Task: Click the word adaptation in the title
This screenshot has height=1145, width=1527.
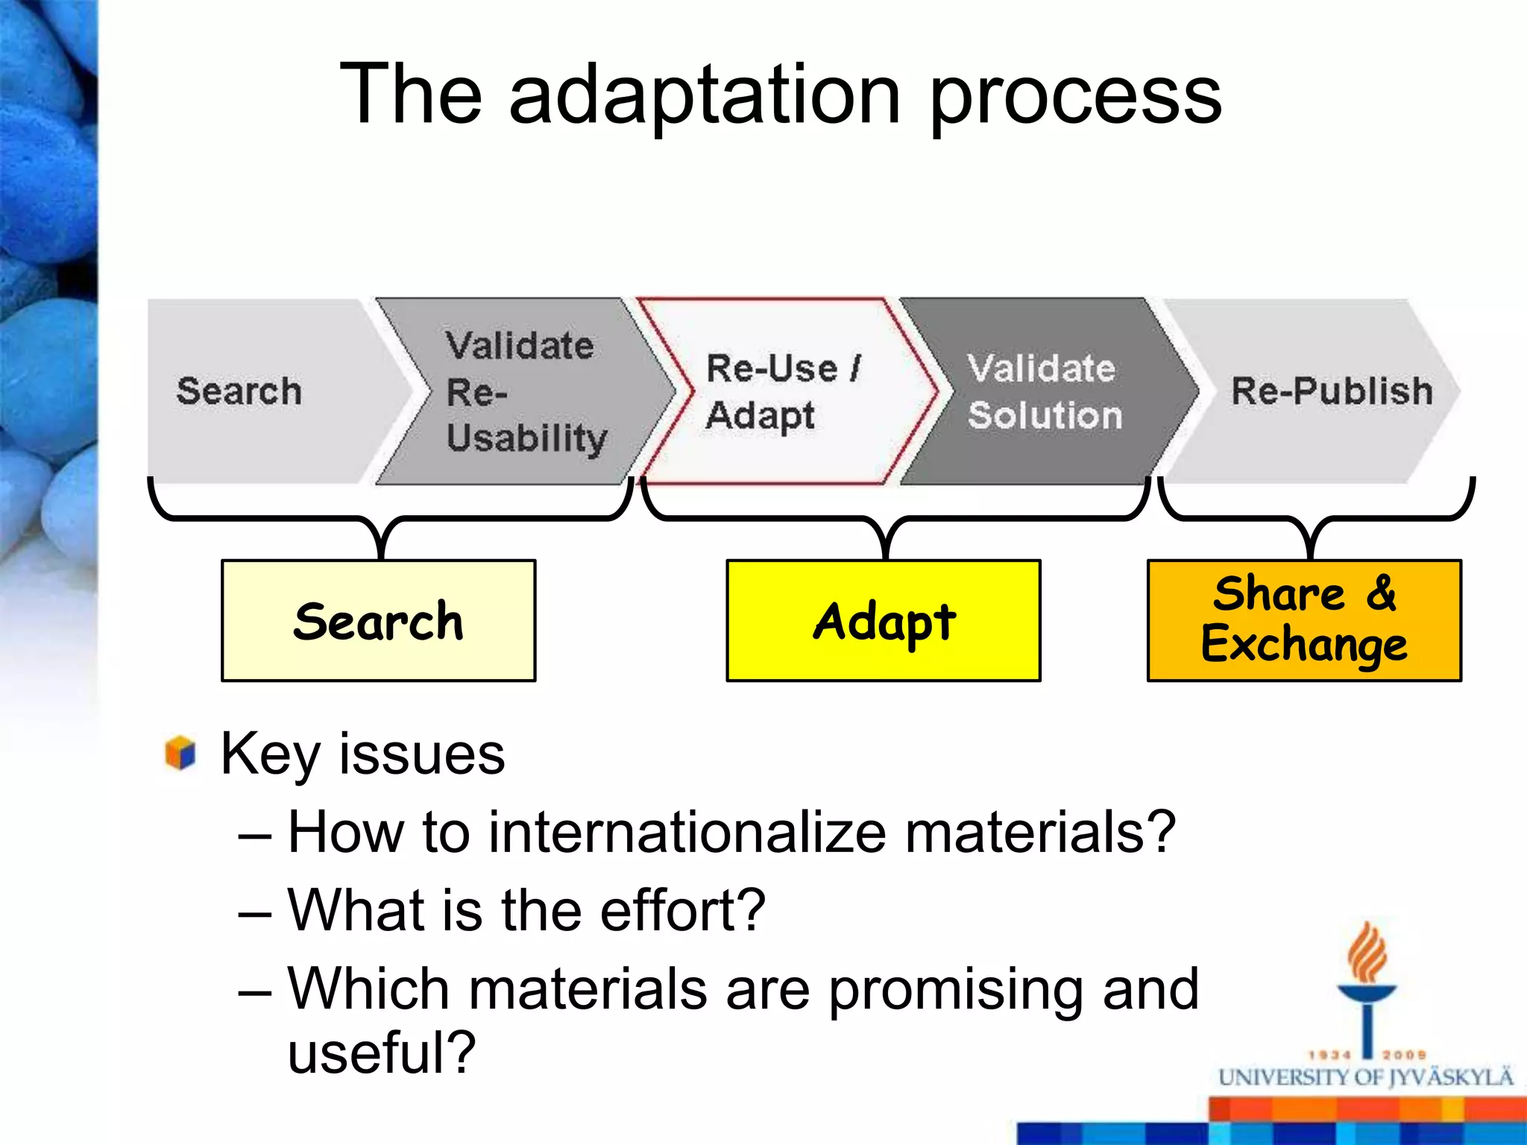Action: click(x=705, y=95)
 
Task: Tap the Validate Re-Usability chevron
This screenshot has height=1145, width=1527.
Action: click(x=522, y=391)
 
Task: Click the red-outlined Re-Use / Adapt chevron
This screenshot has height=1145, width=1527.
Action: click(x=783, y=391)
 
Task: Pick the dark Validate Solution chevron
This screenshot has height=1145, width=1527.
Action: click(x=1044, y=391)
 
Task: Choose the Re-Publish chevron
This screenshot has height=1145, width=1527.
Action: click(x=1320, y=391)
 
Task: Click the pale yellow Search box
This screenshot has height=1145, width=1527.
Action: click(x=378, y=621)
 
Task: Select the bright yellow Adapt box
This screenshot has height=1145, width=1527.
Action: click(x=884, y=621)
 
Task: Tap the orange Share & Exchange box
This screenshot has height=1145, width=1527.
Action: click(x=1304, y=621)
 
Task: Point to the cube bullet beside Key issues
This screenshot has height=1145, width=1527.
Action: click(x=180, y=753)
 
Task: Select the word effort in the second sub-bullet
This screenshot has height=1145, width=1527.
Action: click(x=682, y=911)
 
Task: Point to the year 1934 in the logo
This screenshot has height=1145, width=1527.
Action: click(x=1330, y=1055)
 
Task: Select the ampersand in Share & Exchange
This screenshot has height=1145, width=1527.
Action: click(x=1381, y=593)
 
